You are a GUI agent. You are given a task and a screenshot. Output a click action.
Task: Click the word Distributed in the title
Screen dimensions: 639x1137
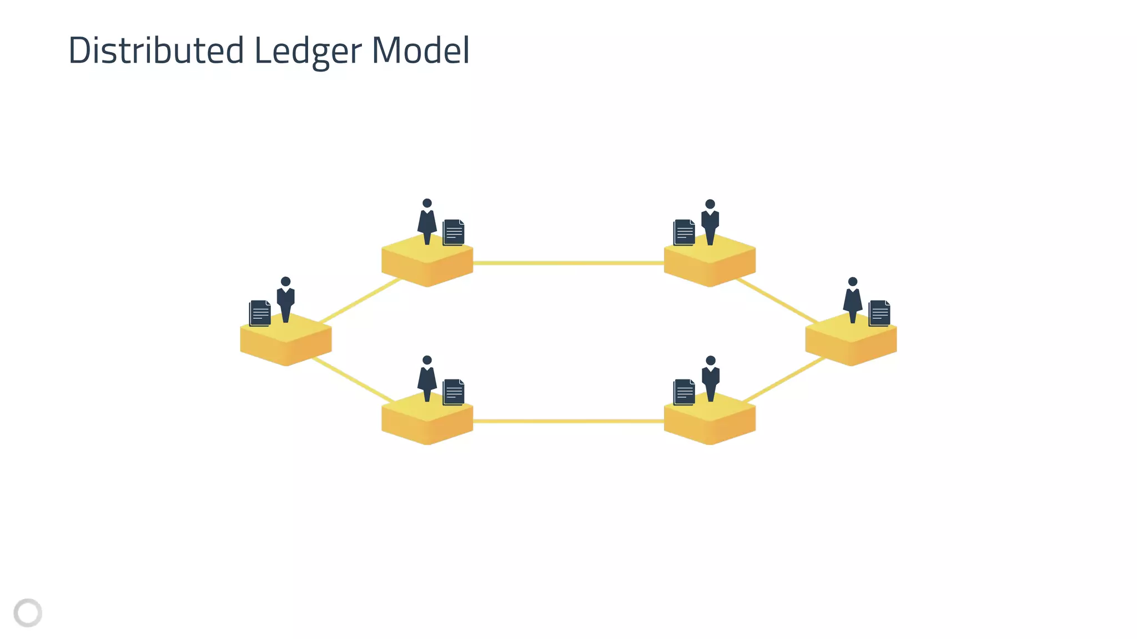pyautogui.click(x=156, y=50)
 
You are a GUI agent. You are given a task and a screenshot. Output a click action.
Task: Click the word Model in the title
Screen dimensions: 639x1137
pyautogui.click(x=420, y=50)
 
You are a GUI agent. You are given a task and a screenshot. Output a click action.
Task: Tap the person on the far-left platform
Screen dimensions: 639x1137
pyautogui.click(x=285, y=300)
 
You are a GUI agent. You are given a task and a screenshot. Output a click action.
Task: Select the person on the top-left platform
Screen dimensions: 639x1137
pyautogui.click(x=427, y=222)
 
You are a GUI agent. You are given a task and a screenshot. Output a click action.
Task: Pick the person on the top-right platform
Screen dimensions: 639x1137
pyautogui.click(x=710, y=222)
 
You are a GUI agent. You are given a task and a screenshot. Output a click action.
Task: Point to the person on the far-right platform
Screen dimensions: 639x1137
pyautogui.click(x=853, y=300)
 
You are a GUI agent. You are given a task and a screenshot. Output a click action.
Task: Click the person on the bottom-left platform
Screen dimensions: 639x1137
pyautogui.click(x=427, y=379)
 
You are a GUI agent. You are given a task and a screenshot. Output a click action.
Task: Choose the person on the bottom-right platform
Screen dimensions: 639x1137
pyautogui.click(x=711, y=379)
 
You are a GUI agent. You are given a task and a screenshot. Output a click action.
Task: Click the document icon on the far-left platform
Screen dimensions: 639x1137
pyautogui.click(x=260, y=313)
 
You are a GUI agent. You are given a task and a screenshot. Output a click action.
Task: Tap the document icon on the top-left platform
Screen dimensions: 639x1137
pyautogui.click(x=454, y=232)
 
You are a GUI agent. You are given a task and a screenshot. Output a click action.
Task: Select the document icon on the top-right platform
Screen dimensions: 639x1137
pyautogui.click(x=684, y=232)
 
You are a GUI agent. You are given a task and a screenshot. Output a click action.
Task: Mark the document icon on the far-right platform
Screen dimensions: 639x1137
pyautogui.click(x=879, y=313)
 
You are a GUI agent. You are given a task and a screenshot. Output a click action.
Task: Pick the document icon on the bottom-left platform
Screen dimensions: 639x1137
pyautogui.click(x=454, y=392)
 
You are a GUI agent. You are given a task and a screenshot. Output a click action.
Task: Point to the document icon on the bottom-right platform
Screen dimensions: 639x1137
pyautogui.click(x=684, y=392)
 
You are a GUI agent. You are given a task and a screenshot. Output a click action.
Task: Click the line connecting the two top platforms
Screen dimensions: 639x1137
pyautogui.click(x=568, y=263)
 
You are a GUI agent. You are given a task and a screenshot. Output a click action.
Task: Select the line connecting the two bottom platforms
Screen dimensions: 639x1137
pyautogui.click(x=568, y=422)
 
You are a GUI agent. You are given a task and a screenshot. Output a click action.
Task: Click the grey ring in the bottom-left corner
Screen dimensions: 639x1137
pyautogui.click(x=28, y=613)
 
